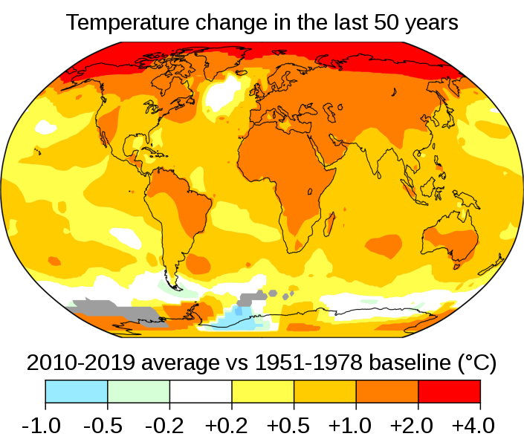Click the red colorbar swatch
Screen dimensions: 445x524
tap(449, 391)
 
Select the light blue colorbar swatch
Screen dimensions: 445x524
tap(77, 391)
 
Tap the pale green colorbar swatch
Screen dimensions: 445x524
tap(139, 391)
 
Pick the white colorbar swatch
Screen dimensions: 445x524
tap(201, 391)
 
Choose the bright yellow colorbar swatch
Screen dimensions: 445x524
tap(263, 391)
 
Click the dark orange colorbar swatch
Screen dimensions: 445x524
tap(387, 391)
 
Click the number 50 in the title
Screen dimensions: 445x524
tap(379, 23)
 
